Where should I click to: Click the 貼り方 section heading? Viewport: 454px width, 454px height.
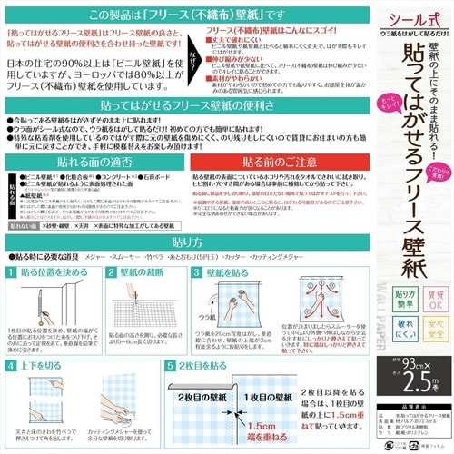[183, 244]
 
